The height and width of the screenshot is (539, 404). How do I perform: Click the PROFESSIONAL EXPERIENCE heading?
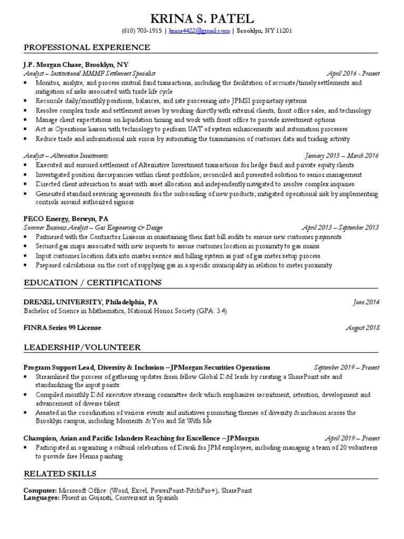click(x=87, y=48)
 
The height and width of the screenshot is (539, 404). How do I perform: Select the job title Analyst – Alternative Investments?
click(x=66, y=156)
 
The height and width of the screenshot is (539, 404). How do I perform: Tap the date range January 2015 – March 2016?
click(x=341, y=156)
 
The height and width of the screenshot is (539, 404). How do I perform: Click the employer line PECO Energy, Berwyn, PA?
click(x=65, y=218)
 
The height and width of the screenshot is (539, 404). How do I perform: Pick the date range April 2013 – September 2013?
click(x=340, y=227)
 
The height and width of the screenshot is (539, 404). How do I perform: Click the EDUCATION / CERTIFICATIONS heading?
click(x=93, y=283)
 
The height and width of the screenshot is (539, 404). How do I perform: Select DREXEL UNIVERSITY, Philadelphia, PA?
click(x=90, y=302)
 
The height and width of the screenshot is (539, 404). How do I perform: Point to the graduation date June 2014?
click(x=365, y=302)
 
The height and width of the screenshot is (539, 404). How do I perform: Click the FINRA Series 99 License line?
click(x=63, y=327)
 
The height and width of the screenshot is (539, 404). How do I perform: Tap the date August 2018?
click(x=362, y=327)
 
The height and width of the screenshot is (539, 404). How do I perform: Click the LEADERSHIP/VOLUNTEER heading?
click(x=82, y=347)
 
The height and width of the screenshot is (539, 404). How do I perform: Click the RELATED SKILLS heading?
click(x=60, y=474)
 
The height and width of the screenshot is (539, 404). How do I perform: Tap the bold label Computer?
click(x=41, y=491)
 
